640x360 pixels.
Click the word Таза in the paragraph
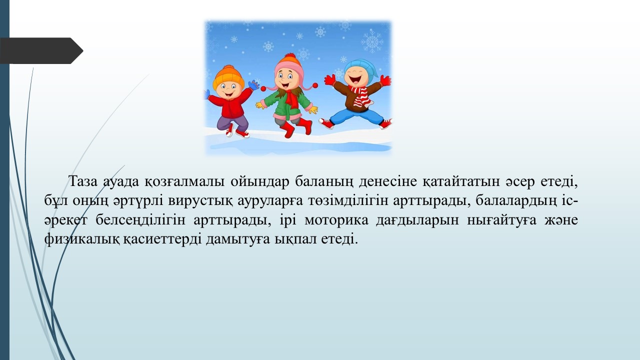coord(83,181)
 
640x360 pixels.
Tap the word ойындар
coord(260,181)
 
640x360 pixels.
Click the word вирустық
coord(200,201)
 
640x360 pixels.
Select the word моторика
coord(336,220)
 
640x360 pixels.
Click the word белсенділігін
coord(140,220)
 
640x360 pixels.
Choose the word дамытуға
coord(237,239)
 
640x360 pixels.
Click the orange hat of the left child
coord(228,76)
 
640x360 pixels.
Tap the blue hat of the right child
coord(361,69)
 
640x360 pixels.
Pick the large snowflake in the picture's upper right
coord(372,41)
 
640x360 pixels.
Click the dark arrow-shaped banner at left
coord(41,50)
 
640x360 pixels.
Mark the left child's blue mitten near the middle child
coord(253,85)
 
